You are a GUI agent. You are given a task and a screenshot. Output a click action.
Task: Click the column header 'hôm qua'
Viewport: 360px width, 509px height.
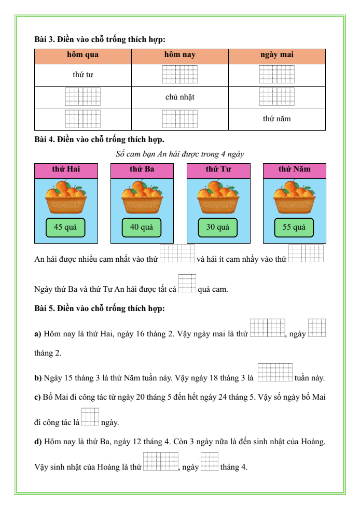point(82,55)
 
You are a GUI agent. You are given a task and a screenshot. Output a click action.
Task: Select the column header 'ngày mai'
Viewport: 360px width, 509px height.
point(276,55)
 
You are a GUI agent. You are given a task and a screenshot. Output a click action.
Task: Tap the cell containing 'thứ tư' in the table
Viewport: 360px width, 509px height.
point(82,75)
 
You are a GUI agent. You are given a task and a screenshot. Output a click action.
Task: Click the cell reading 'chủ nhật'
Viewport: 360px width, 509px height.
point(179,97)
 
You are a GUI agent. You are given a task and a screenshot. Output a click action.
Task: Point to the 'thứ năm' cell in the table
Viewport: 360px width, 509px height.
point(276,119)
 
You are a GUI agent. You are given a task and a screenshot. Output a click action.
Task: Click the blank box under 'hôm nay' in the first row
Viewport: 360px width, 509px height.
point(179,75)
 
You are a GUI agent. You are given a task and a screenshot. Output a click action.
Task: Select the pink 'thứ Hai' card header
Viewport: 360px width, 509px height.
point(66,169)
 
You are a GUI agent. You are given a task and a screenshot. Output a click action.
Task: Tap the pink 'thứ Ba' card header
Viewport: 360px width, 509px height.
point(142,169)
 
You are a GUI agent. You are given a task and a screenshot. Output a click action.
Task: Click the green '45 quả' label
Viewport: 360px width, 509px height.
point(65,227)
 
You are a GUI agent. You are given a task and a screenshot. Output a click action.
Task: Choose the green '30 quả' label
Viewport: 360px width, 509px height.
point(218,227)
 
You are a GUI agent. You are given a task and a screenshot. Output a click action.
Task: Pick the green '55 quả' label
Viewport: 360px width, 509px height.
point(294,227)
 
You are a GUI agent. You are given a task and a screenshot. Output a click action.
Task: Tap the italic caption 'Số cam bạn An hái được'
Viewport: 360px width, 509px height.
point(180,154)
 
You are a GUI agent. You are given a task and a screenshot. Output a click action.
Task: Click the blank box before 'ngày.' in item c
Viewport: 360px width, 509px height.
point(90,417)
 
